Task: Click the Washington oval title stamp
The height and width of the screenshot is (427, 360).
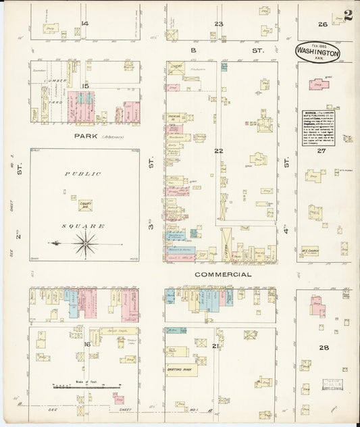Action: (317, 53)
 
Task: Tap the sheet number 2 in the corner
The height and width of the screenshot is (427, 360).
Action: (348, 16)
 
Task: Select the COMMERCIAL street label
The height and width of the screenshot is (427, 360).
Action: (223, 275)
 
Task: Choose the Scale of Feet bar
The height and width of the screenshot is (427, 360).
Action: (81, 387)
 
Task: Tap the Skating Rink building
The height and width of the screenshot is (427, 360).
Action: (182, 370)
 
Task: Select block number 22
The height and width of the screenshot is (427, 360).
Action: (218, 151)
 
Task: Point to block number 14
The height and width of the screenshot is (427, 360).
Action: (85, 24)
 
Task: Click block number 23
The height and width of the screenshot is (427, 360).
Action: (218, 24)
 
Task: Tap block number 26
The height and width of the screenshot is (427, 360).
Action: (323, 24)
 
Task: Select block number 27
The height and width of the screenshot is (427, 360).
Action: (323, 151)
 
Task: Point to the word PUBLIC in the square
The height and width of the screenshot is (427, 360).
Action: (82, 174)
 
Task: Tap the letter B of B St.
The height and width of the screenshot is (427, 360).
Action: (192, 50)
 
